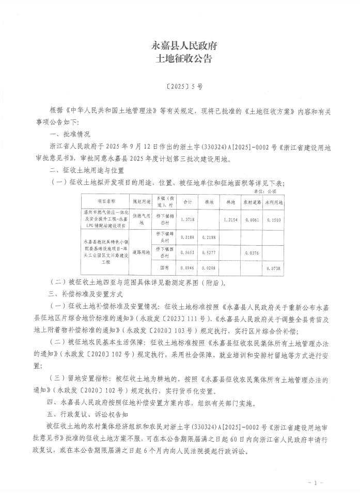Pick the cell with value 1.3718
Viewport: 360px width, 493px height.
point(188,219)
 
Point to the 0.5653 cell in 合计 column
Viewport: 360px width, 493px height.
point(188,253)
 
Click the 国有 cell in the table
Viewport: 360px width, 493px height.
point(166,268)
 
